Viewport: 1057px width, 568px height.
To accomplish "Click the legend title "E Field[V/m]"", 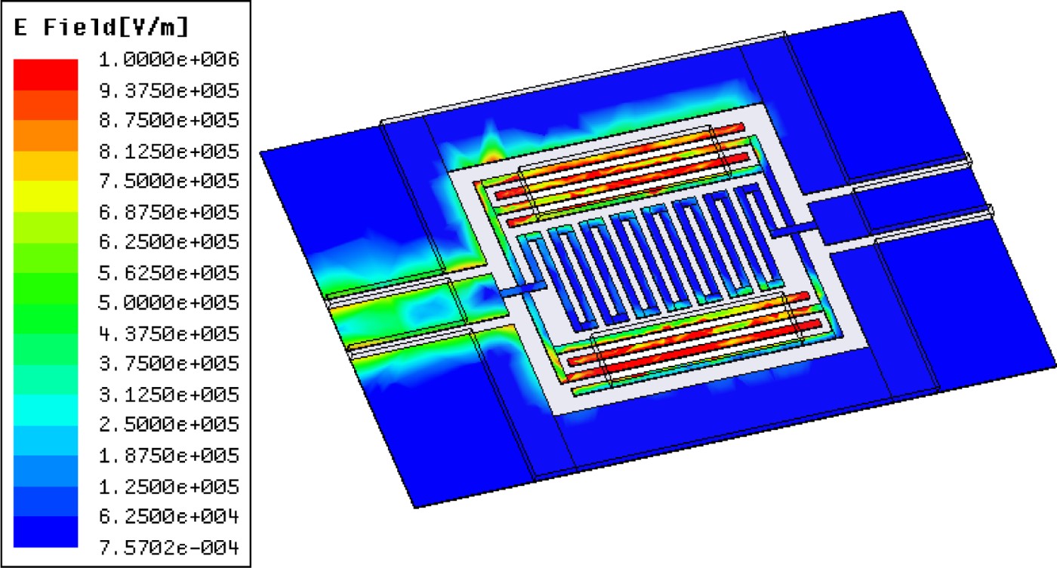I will [101, 28].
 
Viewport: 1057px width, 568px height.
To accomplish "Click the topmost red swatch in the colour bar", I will [46, 74].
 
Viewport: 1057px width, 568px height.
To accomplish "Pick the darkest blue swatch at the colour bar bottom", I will [46, 532].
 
